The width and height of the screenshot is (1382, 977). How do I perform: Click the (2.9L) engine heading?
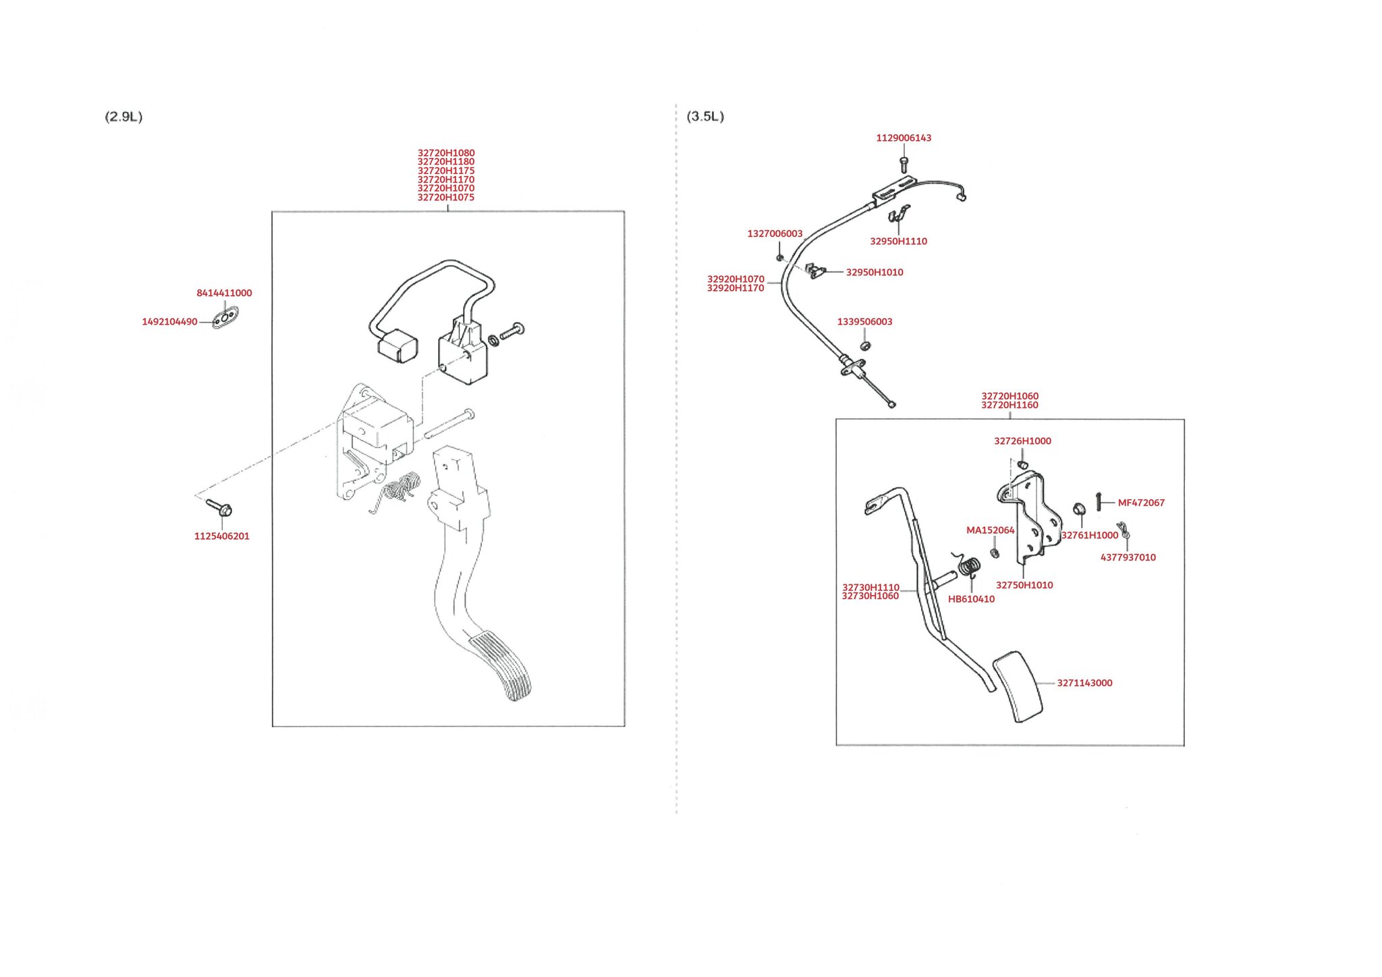point(123,117)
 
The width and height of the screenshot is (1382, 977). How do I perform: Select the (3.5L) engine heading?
point(705,116)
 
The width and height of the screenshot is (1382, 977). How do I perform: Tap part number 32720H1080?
point(446,153)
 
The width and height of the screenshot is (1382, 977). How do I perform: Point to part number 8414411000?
point(224,293)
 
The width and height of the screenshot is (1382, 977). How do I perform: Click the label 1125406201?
point(222,536)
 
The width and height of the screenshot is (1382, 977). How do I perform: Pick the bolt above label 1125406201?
point(219,507)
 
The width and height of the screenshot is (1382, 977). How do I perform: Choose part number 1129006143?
point(904,138)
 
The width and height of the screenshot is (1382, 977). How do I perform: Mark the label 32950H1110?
point(898,241)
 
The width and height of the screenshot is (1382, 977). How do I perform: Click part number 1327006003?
point(775,233)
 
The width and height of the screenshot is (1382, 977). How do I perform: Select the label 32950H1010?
point(875,272)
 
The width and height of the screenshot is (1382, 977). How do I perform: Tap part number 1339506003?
point(864,321)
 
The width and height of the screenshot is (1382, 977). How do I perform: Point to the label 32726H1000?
point(1022,441)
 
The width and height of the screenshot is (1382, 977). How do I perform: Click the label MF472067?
point(1141,503)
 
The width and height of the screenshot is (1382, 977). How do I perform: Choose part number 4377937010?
point(1128,557)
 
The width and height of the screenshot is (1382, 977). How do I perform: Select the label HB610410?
point(971,599)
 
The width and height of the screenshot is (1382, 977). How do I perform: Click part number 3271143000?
point(1084,683)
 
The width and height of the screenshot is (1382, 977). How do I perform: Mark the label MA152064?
point(990,530)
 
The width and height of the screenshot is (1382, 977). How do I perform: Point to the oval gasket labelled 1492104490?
point(225,317)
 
